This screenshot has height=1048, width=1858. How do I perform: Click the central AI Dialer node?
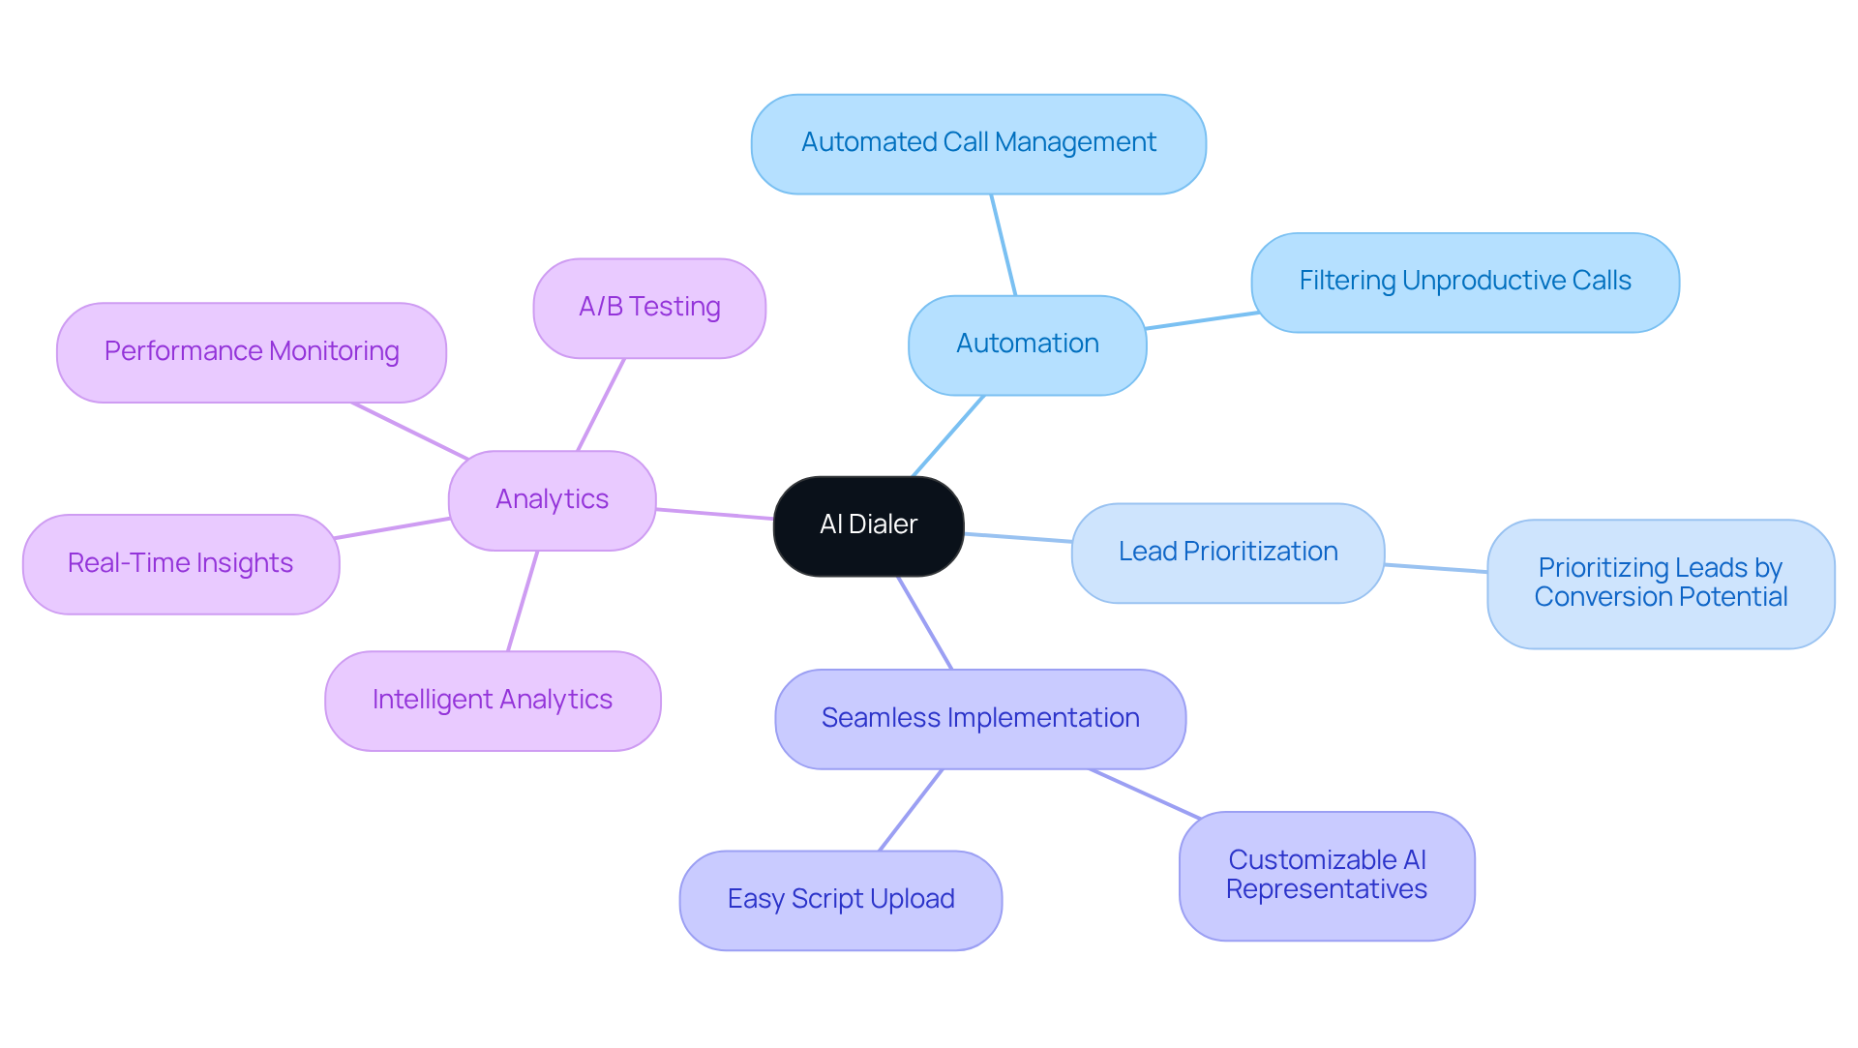(x=868, y=525)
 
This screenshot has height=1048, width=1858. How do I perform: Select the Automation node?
(x=1027, y=344)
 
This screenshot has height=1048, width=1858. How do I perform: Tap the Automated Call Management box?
(x=977, y=143)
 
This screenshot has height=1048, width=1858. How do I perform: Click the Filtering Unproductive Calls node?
(x=1464, y=282)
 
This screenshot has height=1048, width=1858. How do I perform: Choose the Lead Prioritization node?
(x=1227, y=553)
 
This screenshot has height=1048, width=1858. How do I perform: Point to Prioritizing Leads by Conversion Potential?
(x=1660, y=584)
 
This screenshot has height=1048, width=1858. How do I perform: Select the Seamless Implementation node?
(x=979, y=719)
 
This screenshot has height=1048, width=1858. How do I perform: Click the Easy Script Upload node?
(x=840, y=900)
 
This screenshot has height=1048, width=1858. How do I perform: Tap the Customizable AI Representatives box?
(x=1326, y=876)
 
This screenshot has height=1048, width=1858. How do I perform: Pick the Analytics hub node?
(x=552, y=500)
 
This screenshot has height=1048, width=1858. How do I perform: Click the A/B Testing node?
(x=648, y=308)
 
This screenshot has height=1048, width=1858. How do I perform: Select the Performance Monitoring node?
(x=251, y=352)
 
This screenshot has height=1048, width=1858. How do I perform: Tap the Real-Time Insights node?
(x=180, y=564)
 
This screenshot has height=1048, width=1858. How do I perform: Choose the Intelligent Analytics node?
(x=492, y=701)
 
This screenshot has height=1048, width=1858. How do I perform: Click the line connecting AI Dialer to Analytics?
(x=714, y=514)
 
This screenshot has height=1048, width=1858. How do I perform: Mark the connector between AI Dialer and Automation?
(x=948, y=435)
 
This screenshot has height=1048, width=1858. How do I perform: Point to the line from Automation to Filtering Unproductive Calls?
(x=1200, y=320)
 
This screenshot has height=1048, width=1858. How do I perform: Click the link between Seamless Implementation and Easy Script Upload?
(x=911, y=810)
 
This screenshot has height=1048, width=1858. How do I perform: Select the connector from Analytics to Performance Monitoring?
(x=410, y=431)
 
